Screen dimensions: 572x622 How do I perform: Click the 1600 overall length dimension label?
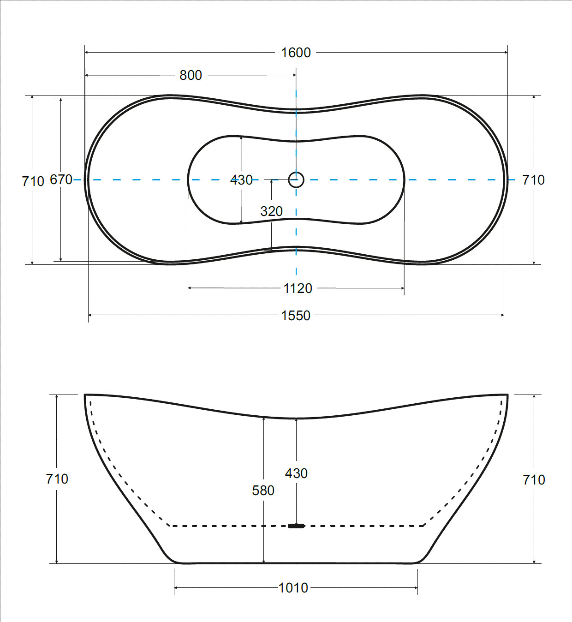tap(296, 53)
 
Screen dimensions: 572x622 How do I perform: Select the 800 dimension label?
tap(191, 75)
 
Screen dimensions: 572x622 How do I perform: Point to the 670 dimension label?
tap(61, 179)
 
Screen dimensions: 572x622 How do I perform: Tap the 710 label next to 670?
tap(33, 181)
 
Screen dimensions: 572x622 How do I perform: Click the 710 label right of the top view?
tap(533, 180)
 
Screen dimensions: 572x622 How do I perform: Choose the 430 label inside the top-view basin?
tap(241, 180)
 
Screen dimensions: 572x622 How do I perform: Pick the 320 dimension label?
tap(271, 211)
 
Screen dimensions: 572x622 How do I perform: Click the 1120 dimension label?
tap(298, 288)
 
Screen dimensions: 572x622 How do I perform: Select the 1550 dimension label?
tap(295, 315)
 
